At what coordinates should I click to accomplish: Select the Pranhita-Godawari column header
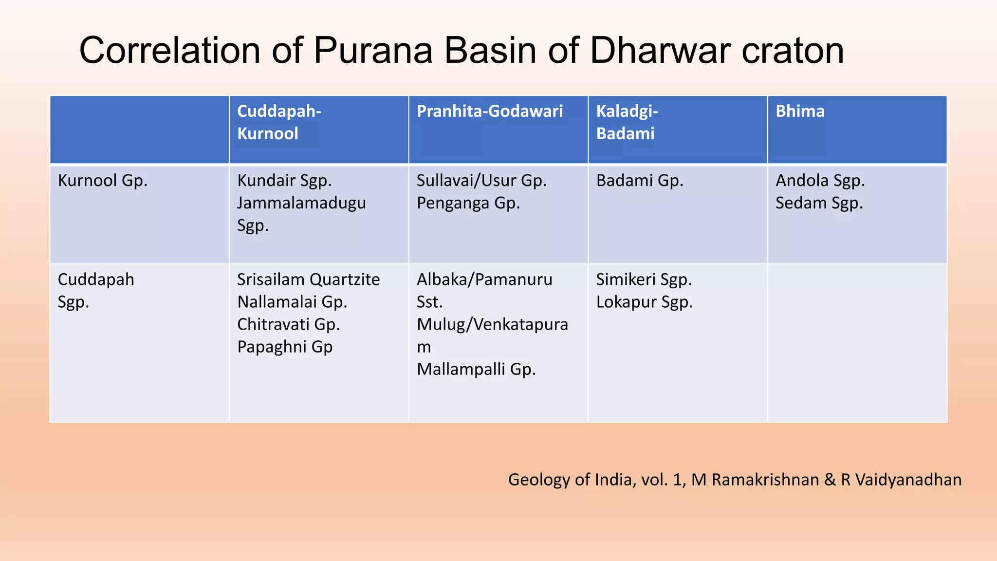point(489,112)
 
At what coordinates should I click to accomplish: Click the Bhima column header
point(800,112)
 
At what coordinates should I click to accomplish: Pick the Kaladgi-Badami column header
point(627,122)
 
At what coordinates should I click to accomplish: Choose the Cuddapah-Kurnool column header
point(278,122)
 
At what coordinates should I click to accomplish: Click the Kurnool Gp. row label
point(102,181)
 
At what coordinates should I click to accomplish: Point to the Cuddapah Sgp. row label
point(95,291)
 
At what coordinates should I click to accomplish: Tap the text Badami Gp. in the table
point(639,181)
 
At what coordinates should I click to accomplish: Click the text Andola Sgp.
point(820,181)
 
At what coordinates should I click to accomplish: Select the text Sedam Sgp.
point(819,203)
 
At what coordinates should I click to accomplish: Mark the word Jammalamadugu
point(301,203)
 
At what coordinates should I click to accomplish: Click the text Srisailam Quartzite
point(308,280)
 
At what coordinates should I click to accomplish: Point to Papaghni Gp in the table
point(285,347)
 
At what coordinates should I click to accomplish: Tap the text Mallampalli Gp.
point(476,369)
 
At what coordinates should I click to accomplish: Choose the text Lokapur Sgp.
point(644,302)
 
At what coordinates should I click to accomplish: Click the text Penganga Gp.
point(468,203)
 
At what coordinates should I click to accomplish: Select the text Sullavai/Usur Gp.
point(481,181)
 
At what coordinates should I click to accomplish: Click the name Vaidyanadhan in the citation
point(908,480)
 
